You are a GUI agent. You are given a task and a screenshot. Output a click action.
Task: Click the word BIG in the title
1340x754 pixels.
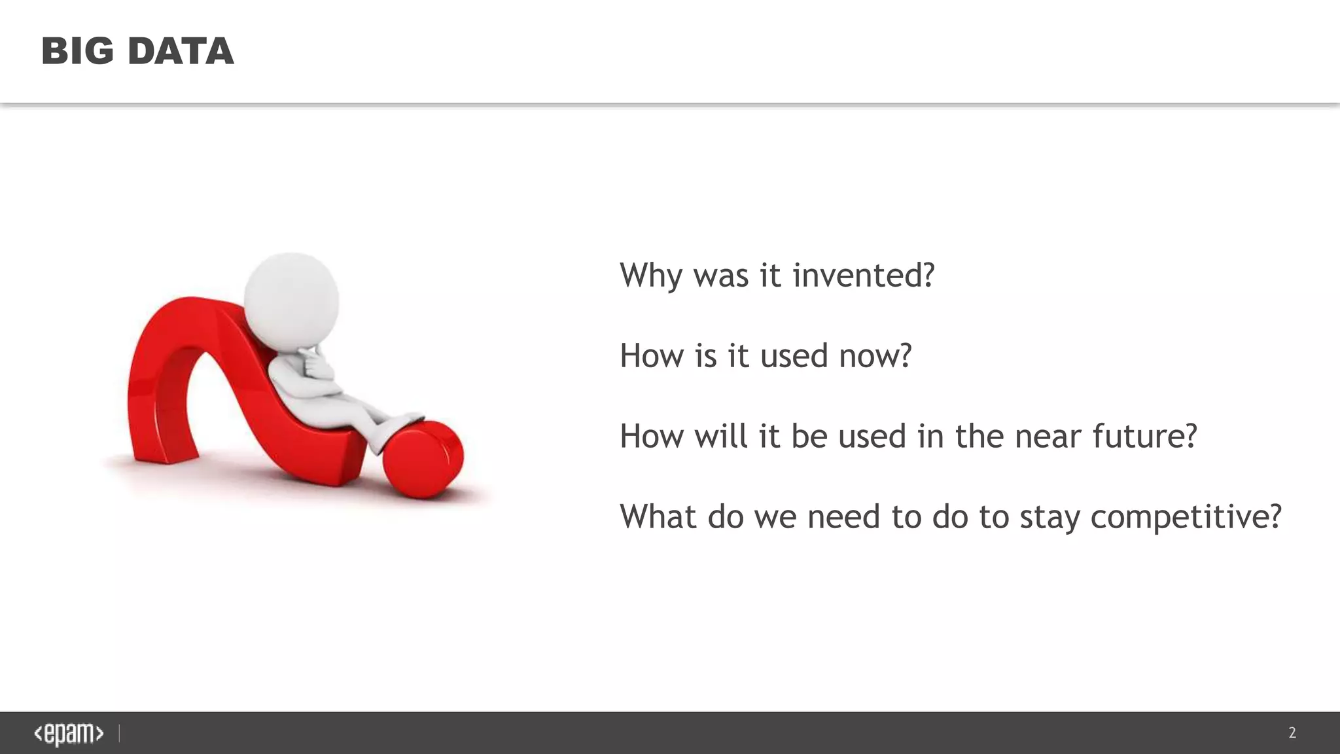pyautogui.click(x=77, y=51)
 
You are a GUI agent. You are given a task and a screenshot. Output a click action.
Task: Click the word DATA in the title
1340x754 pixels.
pyautogui.click(x=181, y=51)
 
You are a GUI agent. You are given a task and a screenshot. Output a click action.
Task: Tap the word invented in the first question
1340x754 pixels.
pyautogui.click(x=863, y=275)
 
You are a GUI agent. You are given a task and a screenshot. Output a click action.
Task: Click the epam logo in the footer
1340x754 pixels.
pyautogui.click(x=69, y=734)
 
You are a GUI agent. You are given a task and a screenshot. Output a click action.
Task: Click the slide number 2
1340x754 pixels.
pyautogui.click(x=1292, y=733)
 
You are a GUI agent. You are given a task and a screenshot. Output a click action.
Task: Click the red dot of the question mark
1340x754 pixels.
pyautogui.click(x=423, y=459)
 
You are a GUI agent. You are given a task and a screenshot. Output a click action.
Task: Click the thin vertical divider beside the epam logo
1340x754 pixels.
pyautogui.click(x=119, y=734)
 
